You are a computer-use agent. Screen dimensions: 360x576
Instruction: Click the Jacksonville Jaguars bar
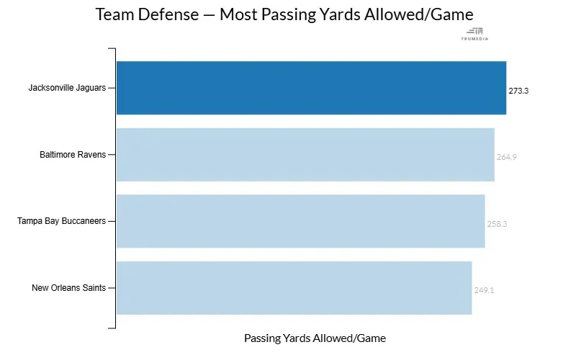(311, 88)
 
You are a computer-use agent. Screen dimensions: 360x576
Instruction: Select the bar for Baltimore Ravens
(305, 155)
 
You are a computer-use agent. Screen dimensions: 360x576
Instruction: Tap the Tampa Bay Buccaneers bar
(300, 221)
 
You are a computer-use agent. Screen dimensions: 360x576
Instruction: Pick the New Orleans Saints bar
(294, 288)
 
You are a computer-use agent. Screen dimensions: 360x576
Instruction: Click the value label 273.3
(518, 91)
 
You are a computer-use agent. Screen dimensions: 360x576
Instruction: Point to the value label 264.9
(506, 157)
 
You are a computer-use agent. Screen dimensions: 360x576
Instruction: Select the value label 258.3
(497, 224)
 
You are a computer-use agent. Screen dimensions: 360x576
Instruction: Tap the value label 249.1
(484, 291)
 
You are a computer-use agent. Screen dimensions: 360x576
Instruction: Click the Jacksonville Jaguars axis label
(67, 88)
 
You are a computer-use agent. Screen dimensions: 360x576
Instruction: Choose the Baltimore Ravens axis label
(73, 155)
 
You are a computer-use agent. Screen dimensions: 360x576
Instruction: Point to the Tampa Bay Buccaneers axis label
(62, 221)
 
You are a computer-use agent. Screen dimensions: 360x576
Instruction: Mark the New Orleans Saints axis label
(69, 288)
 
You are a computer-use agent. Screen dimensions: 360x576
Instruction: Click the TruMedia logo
(474, 33)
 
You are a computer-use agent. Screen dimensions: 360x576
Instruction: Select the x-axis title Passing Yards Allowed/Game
(315, 338)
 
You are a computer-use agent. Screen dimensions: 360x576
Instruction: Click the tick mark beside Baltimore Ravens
(112, 155)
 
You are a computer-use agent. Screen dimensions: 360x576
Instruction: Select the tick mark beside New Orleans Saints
(112, 288)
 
